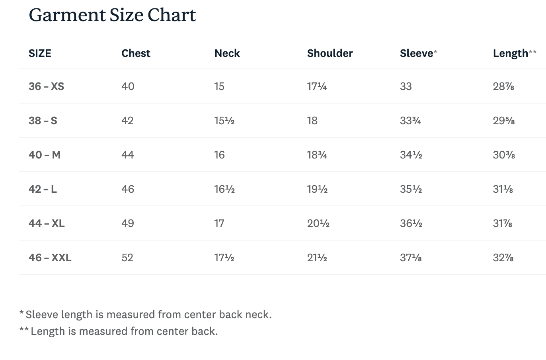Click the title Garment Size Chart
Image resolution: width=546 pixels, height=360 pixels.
point(112,15)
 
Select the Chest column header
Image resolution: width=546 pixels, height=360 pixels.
point(136,53)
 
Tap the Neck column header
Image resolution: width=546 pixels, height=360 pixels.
point(227,53)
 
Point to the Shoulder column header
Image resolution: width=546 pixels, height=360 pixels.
point(330,53)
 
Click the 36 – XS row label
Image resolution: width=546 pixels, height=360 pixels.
point(46,86)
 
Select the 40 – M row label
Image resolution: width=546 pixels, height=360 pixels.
point(45,155)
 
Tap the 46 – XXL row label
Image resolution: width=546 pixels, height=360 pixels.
point(50,258)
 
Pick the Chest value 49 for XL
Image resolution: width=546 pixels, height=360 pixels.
point(128,223)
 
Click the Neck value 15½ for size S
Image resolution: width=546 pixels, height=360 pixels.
point(224,121)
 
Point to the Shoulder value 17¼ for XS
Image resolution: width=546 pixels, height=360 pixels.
point(317,86)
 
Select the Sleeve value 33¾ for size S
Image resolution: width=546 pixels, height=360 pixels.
point(410,121)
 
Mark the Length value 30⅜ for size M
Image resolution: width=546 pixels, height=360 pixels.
point(504,155)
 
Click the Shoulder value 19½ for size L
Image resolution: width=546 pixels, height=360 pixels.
point(317,189)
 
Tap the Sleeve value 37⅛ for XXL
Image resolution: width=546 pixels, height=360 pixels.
point(411,258)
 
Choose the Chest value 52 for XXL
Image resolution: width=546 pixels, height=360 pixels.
point(127,258)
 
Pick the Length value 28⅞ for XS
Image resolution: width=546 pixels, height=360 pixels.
point(503,86)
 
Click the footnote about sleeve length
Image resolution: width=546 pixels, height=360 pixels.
point(146,314)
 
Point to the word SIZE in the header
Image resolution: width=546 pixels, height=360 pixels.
point(40,53)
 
